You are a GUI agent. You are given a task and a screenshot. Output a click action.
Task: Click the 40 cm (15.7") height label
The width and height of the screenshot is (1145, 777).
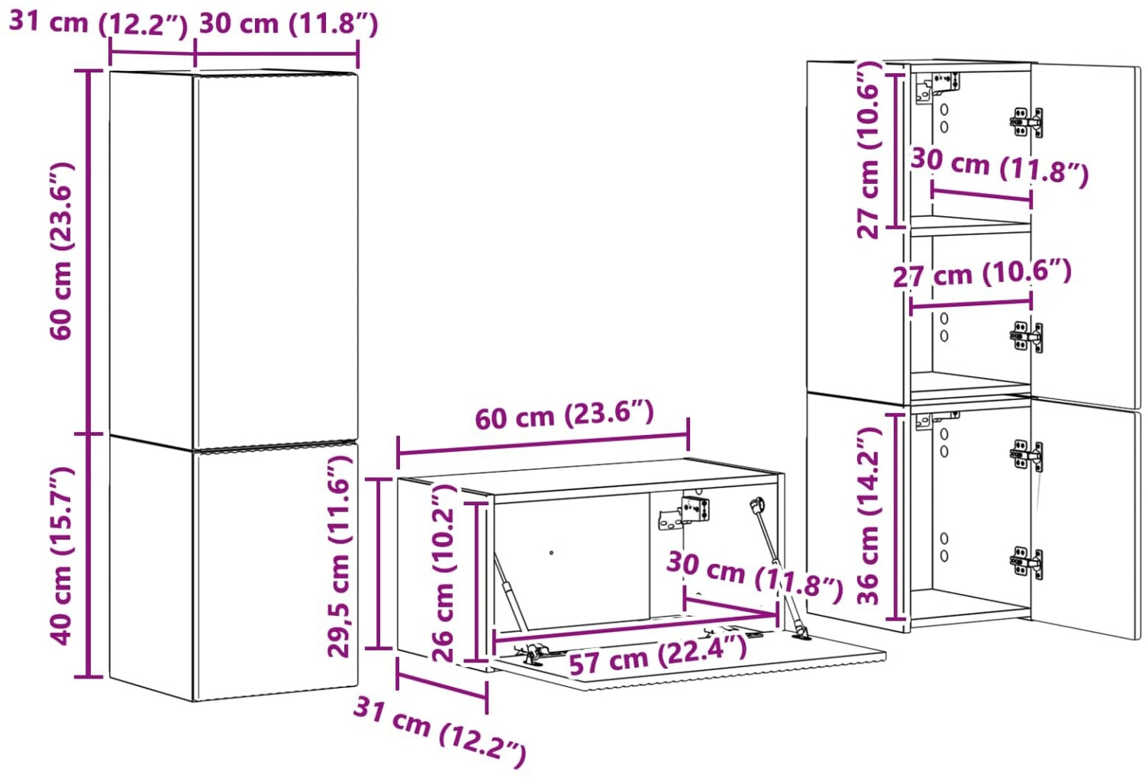[63, 556]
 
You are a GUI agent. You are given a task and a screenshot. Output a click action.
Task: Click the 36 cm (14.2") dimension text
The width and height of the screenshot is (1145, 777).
[868, 516]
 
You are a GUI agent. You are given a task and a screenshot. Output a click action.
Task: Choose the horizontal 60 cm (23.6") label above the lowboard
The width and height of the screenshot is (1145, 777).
[564, 414]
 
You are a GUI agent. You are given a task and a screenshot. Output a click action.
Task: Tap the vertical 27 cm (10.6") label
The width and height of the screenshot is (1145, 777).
[869, 150]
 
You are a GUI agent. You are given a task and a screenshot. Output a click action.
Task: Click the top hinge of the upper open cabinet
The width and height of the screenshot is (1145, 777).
[1027, 123]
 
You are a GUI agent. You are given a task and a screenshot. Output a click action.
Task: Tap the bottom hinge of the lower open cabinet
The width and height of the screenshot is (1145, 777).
[1027, 563]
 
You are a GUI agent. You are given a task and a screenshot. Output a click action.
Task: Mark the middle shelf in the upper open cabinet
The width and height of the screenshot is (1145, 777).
[970, 226]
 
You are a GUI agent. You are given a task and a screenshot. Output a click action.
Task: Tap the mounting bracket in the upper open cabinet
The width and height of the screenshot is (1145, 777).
[937, 88]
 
